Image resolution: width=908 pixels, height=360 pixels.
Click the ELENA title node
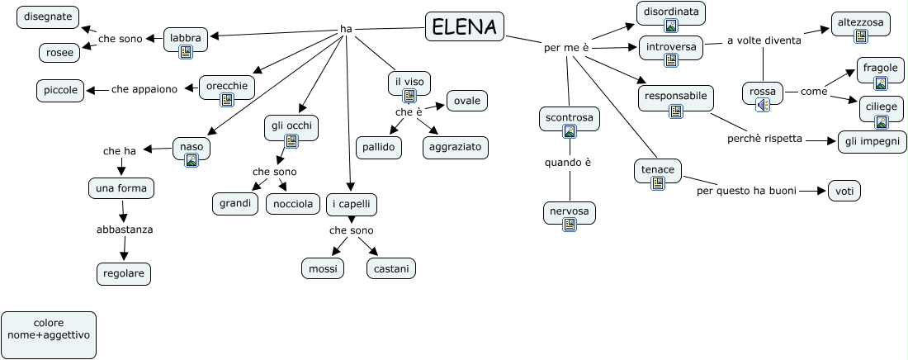(x=465, y=27)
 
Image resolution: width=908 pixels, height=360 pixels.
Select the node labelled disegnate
(x=47, y=17)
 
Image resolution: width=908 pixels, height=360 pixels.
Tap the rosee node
(x=59, y=53)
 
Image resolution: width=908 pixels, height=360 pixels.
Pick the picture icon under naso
(x=192, y=160)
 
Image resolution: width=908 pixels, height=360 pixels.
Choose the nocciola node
(x=293, y=204)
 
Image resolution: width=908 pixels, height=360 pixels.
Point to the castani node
(x=391, y=268)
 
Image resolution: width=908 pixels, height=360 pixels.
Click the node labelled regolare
(x=124, y=273)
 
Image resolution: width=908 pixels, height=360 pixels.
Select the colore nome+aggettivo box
(x=49, y=335)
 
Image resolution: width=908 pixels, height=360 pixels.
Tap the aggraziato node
(x=456, y=148)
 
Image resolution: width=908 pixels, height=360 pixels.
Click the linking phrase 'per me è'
(x=566, y=48)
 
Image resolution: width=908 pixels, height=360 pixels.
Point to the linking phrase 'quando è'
(x=568, y=163)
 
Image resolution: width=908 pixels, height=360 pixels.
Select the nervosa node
(x=570, y=211)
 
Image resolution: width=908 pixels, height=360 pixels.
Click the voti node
(x=844, y=191)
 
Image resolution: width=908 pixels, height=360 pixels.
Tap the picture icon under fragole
(x=881, y=83)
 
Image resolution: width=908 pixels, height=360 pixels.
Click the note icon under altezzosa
(x=861, y=36)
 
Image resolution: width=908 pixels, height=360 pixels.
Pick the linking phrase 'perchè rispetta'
(x=764, y=139)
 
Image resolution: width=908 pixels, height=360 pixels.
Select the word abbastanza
(x=125, y=230)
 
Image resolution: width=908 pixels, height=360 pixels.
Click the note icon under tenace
(x=658, y=183)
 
